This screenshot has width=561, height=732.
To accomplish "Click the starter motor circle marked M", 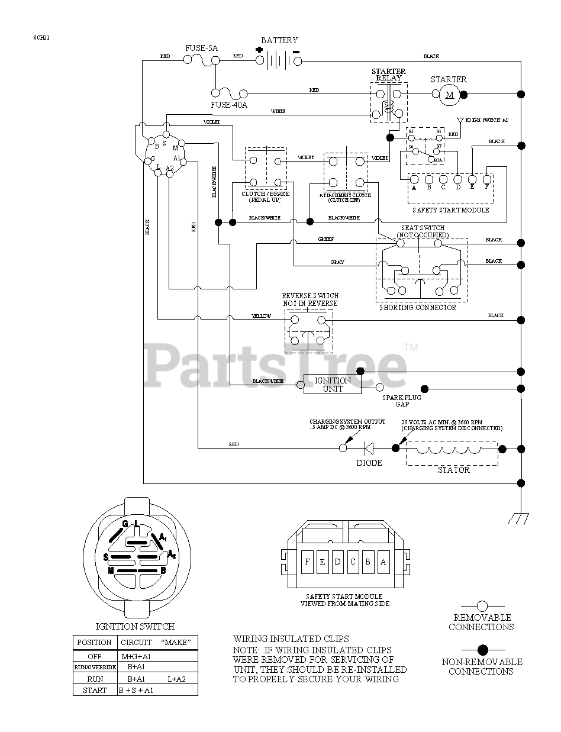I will [x=449, y=94].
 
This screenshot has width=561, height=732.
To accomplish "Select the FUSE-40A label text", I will [x=229, y=105].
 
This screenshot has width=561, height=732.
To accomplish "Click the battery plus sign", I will [x=259, y=50].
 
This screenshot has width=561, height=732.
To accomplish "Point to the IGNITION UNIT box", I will [x=333, y=385].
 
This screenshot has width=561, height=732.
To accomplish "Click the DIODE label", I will [x=369, y=463].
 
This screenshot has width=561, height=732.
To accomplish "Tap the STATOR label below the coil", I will [x=454, y=470].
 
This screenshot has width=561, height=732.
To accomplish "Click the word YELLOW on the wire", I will [x=262, y=316].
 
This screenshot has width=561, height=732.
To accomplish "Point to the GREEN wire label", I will [x=326, y=239].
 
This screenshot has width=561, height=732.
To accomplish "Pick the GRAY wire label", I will [x=337, y=262].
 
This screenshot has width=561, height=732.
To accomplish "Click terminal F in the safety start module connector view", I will [x=307, y=562].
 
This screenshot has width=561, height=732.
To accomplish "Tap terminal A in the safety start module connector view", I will [x=383, y=562].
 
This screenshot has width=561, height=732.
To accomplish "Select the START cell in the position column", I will [x=95, y=690].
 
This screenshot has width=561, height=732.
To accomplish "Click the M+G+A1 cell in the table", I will [x=136, y=656].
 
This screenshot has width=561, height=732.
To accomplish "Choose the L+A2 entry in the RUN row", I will [x=176, y=679].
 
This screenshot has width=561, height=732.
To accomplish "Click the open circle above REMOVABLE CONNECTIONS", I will [x=482, y=606].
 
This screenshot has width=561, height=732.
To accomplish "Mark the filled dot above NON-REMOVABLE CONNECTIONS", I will [x=482, y=649].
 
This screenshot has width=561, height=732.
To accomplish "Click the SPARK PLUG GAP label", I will [x=402, y=401].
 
